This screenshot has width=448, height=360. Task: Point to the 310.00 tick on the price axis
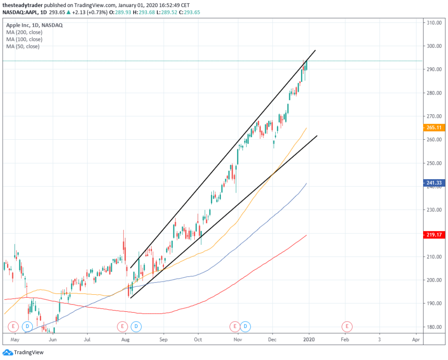(x=433, y=23)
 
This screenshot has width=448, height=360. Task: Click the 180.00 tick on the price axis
(x=433, y=327)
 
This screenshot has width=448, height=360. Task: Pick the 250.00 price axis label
(x=433, y=163)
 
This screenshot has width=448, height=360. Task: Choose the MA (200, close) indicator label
(x=24, y=32)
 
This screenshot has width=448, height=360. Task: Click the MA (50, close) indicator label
(x=23, y=46)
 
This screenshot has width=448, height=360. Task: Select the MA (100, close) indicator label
(x=24, y=39)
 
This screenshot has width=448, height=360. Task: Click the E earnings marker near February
(x=347, y=326)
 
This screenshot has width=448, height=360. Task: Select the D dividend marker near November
(x=245, y=326)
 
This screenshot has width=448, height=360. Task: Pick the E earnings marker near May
(x=13, y=326)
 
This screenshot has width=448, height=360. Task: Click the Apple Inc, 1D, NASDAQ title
(x=35, y=25)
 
